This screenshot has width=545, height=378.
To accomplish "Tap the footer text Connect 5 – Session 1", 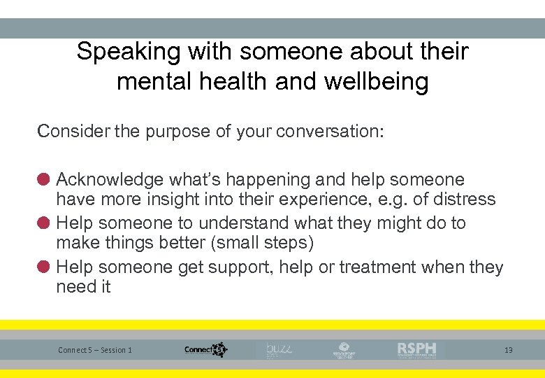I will click(x=95, y=350).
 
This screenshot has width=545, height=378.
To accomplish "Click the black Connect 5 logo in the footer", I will click(x=206, y=349).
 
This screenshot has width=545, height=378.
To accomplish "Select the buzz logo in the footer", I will click(x=277, y=349).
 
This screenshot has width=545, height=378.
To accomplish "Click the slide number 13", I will click(x=508, y=350).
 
